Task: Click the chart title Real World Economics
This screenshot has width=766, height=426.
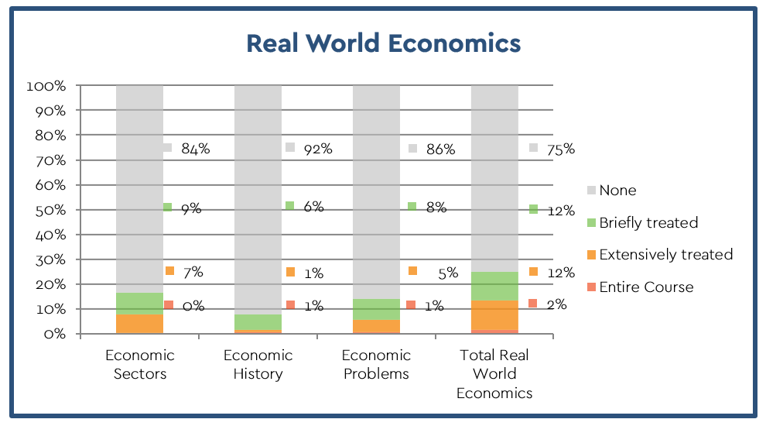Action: pos(383,43)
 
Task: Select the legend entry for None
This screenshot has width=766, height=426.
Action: pos(617,191)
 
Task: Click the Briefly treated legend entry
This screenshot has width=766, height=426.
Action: pos(648,223)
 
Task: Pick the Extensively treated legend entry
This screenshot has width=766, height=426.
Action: pos(665,255)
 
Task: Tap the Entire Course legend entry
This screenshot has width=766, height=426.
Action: pos(646,287)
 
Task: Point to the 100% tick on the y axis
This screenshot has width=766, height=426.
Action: pos(47,86)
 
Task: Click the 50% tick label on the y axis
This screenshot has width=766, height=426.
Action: pos(50,210)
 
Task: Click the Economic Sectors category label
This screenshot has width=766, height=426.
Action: pos(140,365)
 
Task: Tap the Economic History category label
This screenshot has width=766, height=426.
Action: pos(258,365)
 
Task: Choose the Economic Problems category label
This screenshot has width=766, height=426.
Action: pos(376,365)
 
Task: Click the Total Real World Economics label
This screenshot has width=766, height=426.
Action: pos(494,374)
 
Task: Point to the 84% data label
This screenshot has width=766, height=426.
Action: pos(195,149)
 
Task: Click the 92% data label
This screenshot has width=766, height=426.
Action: pos(317,149)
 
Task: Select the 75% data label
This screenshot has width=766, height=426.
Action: pos(560,149)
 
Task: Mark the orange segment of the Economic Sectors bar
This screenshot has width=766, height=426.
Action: pos(140,323)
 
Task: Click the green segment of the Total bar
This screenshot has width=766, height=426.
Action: pos(494,286)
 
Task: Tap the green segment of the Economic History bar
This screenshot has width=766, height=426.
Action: pos(258,321)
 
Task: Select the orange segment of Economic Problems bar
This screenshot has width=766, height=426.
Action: pos(376,326)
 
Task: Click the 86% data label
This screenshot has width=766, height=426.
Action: pos(439,149)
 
